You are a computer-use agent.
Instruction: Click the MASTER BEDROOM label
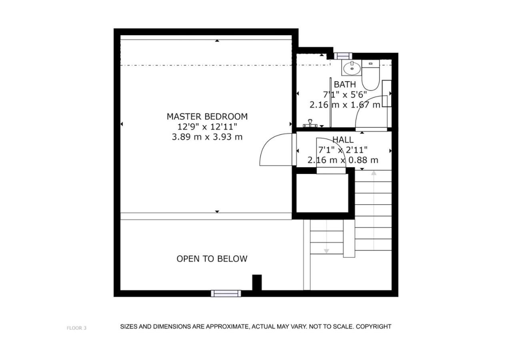pos(207,116)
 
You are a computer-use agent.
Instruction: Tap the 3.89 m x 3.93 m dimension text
pos(207,137)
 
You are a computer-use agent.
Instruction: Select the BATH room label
pos(345,84)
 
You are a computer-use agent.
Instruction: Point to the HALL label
pos(343,140)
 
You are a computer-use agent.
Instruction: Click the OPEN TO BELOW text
pos(212,259)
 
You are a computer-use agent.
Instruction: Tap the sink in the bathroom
pos(352,68)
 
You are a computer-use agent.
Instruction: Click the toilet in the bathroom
pos(370,75)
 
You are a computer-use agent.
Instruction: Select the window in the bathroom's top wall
pos(343,56)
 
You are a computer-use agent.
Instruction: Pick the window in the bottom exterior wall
pos(226,294)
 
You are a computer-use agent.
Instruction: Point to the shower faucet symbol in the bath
pos(310,124)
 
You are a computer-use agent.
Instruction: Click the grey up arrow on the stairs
pos(374,210)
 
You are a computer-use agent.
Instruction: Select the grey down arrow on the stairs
pos(326,236)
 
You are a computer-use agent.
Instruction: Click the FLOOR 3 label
pos(76,328)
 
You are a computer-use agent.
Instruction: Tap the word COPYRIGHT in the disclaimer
pos(374,326)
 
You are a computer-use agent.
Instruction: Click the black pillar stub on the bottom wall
pos(257,282)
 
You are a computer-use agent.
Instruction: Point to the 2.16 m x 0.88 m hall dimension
pos(343,160)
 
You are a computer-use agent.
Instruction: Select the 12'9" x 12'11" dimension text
pos(207,127)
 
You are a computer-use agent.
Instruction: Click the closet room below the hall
pos(322,193)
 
